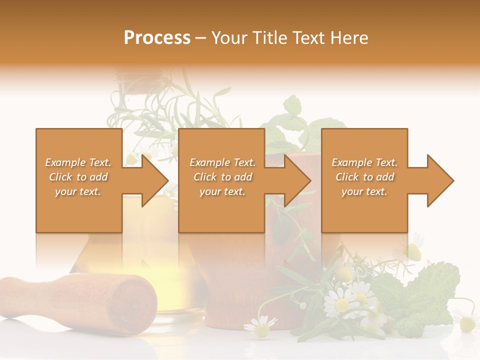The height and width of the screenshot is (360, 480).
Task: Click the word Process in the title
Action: [x=157, y=38]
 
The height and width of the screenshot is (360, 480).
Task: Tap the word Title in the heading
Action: [x=270, y=38]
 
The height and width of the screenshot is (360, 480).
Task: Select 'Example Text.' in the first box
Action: [x=78, y=162]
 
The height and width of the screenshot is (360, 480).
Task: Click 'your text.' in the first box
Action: [x=78, y=191]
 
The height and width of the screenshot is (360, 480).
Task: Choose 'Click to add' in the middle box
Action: [x=222, y=177]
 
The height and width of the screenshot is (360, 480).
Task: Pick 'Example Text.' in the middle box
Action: [x=222, y=162]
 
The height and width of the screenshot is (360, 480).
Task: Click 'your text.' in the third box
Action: [x=364, y=191]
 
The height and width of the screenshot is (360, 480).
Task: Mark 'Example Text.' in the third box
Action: [x=364, y=162]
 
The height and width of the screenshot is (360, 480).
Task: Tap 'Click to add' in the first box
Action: [x=78, y=177]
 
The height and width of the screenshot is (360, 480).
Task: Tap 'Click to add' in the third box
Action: [x=364, y=177]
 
